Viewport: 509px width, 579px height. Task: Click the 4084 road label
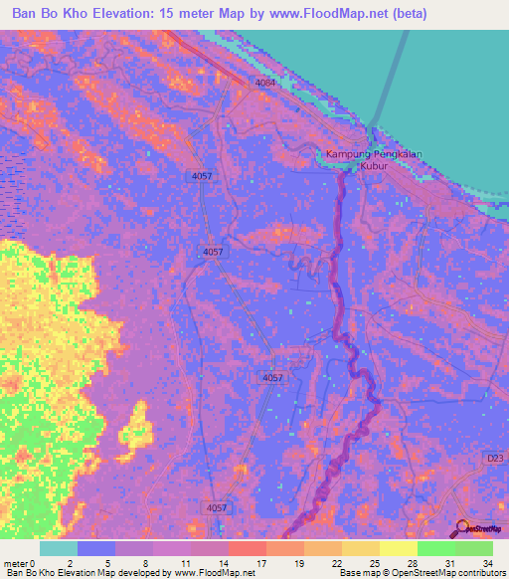[264, 83]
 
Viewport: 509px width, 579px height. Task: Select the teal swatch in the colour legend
[58, 547]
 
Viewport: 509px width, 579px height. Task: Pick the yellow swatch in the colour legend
[398, 547]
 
